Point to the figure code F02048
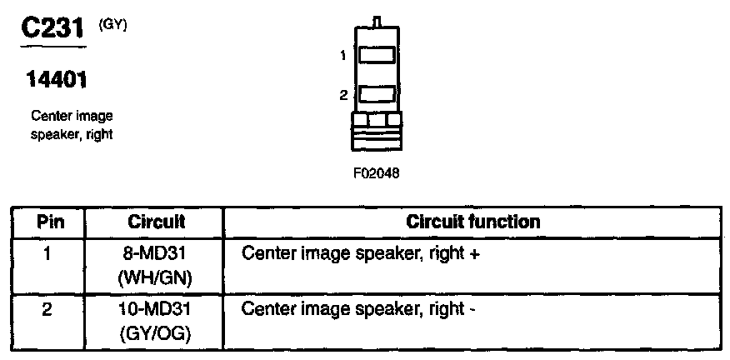(376, 175)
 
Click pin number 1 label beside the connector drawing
(342, 56)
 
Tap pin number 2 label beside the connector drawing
(342, 95)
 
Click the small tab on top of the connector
(377, 21)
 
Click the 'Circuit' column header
(156, 222)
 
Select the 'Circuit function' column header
(472, 222)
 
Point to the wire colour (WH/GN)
(156, 277)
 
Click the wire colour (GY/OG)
(156, 333)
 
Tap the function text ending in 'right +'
(360, 252)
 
